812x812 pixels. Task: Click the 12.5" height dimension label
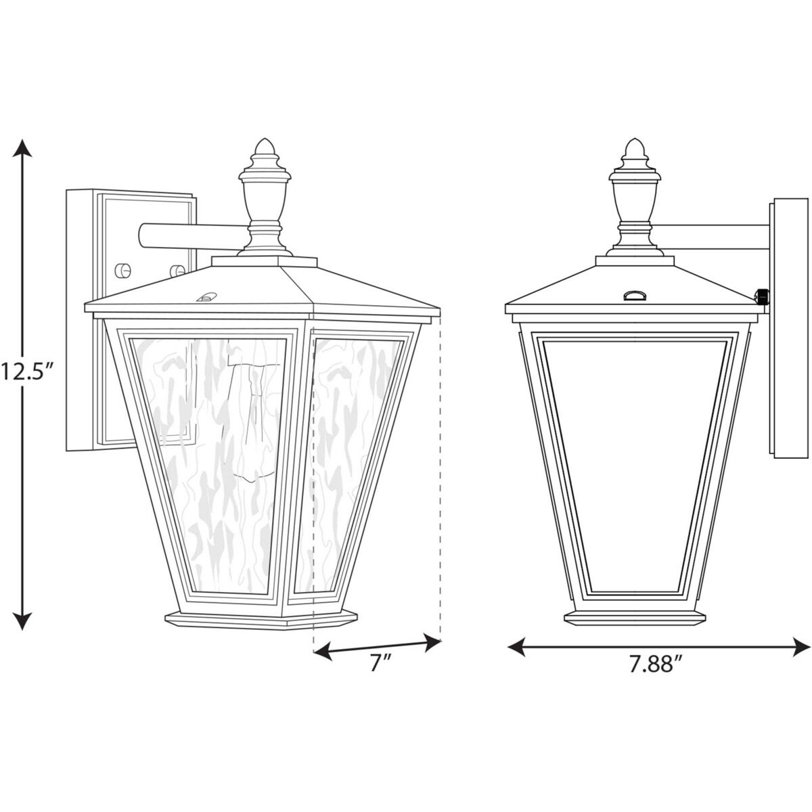[x=26, y=371]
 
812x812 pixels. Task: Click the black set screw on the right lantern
[x=763, y=296]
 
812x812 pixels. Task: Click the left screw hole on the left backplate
[x=122, y=269]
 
